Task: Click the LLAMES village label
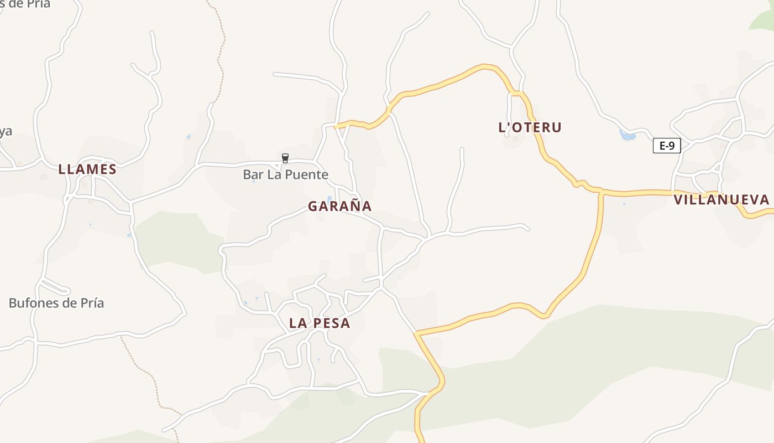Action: coord(87,169)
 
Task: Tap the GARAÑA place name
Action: coord(339,206)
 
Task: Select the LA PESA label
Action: coord(320,323)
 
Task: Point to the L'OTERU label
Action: coord(530,127)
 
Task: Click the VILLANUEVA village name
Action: coord(721,200)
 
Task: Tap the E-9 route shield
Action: coord(666,146)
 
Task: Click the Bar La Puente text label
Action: coord(285,175)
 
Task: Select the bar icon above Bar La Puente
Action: coord(285,158)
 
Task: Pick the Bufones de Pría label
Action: coord(56,303)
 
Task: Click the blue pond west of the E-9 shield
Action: coord(627,135)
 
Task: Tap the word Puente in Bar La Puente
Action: coord(307,175)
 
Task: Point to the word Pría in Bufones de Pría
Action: coord(91,303)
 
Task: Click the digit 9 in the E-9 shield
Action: coord(671,146)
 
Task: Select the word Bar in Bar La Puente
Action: coord(252,175)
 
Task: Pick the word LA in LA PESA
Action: coord(299,323)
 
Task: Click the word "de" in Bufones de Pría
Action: coord(65,303)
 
